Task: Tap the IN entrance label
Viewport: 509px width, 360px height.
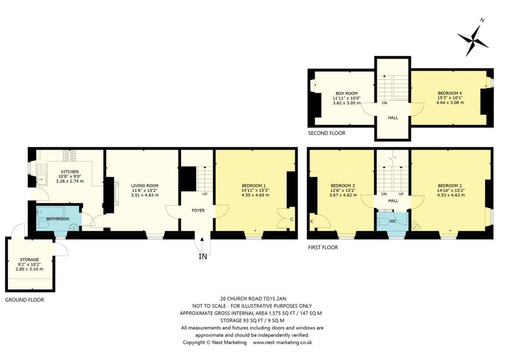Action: (202, 257)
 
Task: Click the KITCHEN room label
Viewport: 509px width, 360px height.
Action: (70, 172)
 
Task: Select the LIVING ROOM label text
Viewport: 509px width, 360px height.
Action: (145, 185)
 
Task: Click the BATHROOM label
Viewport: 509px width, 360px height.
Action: (58, 219)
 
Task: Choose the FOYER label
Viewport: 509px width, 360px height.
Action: (198, 210)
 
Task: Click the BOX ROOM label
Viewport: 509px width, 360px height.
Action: (346, 93)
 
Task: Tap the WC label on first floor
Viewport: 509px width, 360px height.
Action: (393, 220)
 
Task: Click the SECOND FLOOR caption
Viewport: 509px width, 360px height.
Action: (327, 133)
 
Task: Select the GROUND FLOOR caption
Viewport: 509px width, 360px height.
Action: (24, 300)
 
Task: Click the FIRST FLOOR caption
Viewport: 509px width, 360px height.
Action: (323, 247)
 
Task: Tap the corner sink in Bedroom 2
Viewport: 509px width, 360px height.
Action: (416, 227)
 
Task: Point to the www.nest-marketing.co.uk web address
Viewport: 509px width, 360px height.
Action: (282, 343)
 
